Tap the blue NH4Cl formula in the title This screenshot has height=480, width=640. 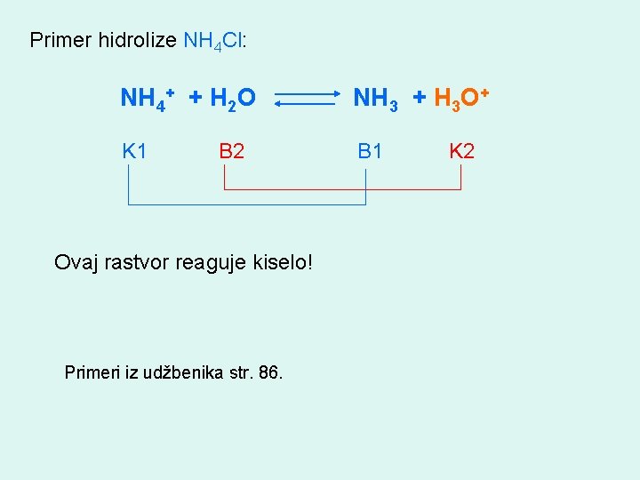(213, 41)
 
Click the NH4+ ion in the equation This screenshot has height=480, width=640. (146, 98)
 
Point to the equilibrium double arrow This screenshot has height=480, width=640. (307, 98)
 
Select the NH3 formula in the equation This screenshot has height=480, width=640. (375, 98)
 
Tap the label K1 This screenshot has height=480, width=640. (135, 151)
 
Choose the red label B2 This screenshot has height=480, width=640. (232, 151)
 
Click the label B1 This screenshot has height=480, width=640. (370, 151)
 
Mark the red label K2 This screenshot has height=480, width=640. (461, 151)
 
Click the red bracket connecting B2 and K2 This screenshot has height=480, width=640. (342, 189)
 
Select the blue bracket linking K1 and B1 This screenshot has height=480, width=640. (247, 204)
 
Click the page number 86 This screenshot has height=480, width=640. (268, 372)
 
